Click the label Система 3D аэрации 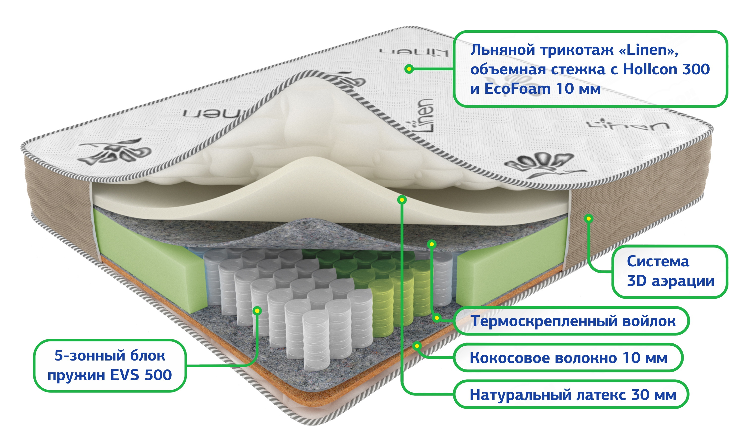tap(670, 271)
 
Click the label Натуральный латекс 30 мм tap(572, 395)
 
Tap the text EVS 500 tap(141, 375)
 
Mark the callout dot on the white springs tap(257, 311)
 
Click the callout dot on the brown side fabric tap(589, 219)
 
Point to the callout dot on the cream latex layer tap(402, 199)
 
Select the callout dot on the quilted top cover tap(409, 69)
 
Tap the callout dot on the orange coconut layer tap(417, 346)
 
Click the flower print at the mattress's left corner tap(116, 152)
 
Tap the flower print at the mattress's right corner tap(541, 164)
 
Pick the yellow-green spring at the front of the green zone tap(381, 307)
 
